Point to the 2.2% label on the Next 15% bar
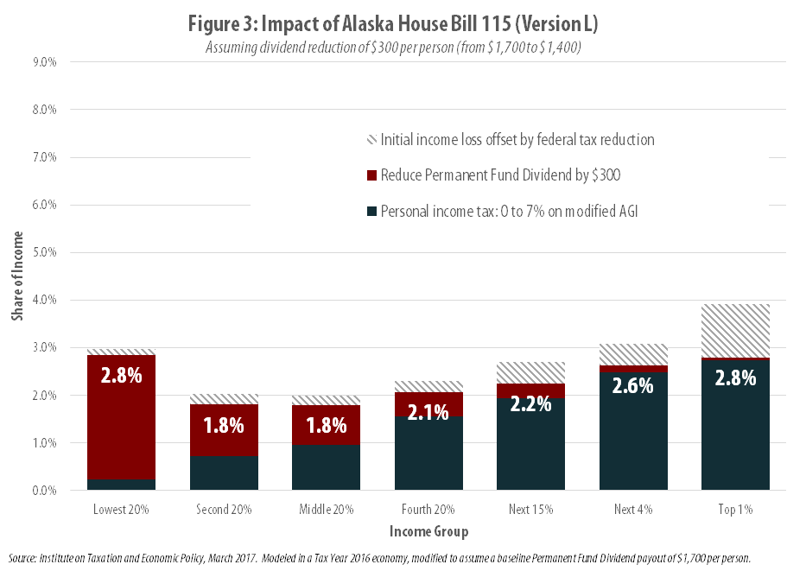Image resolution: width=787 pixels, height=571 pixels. (530, 403)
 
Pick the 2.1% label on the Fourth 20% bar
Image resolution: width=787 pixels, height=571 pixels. (428, 412)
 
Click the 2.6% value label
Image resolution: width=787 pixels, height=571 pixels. (633, 386)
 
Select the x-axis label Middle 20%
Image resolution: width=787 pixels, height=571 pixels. (327, 510)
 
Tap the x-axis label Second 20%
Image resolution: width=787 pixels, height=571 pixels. (224, 510)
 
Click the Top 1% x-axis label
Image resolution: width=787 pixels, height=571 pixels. (735, 510)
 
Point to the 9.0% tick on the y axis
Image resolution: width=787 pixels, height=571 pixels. (44, 62)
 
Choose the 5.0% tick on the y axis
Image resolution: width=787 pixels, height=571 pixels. (44, 252)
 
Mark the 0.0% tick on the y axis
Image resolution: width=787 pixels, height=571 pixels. (44, 490)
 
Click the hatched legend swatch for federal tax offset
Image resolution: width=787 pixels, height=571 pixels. (371, 140)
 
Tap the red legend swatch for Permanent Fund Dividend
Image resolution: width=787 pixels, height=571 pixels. (371, 175)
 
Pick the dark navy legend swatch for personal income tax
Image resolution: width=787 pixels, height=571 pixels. (371, 211)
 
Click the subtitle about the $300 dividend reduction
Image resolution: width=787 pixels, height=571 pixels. (393, 47)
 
